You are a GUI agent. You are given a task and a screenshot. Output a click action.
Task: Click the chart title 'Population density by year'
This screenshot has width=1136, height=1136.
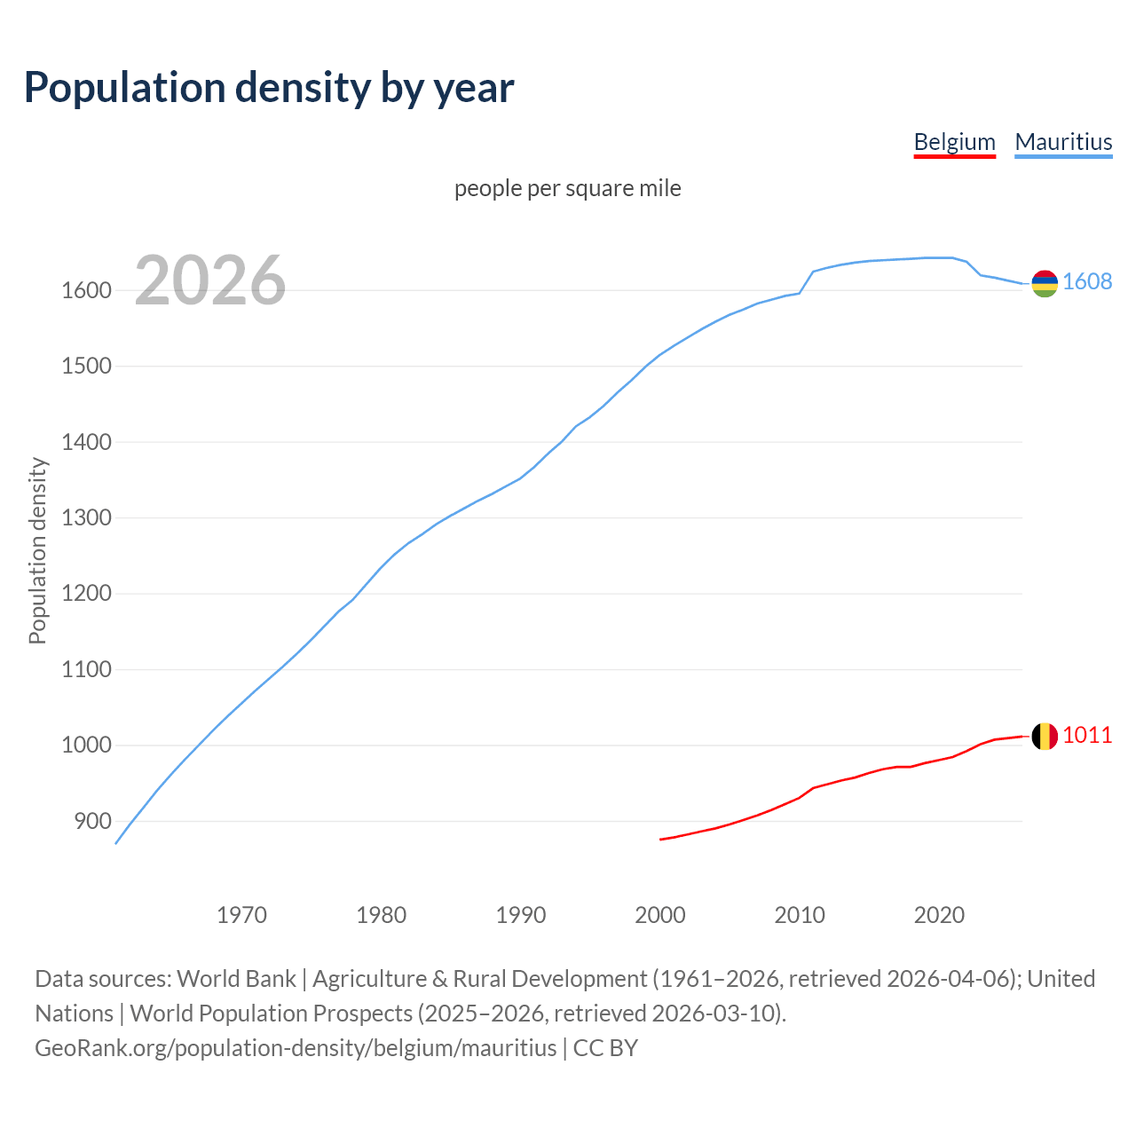[269, 87]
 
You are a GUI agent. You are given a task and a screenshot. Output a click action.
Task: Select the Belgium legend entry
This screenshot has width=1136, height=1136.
[954, 142]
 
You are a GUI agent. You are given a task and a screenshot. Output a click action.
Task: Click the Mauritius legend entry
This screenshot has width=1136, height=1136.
[1063, 142]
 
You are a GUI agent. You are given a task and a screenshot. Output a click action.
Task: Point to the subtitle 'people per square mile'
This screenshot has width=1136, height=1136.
[568, 188]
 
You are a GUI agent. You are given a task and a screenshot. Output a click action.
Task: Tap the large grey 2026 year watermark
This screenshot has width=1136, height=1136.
[210, 280]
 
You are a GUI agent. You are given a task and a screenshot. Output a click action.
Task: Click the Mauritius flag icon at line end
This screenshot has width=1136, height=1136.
[1045, 283]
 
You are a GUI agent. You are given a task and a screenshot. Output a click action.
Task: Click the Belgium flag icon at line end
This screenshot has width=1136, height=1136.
[1045, 736]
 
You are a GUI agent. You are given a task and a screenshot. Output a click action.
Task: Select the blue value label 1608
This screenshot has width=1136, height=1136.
[1087, 281]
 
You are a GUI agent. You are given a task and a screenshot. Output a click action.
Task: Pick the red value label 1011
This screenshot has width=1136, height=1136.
[1087, 735]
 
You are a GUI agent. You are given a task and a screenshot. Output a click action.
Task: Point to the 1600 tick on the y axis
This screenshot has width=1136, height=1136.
[86, 290]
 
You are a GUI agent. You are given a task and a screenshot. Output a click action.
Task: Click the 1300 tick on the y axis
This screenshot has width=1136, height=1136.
[86, 517]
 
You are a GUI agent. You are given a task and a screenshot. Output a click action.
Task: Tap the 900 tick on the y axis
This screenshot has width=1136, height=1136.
[92, 821]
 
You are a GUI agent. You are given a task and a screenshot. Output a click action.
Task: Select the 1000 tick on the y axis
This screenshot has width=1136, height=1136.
[86, 745]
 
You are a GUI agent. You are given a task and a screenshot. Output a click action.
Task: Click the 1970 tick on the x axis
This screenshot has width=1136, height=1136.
[241, 915]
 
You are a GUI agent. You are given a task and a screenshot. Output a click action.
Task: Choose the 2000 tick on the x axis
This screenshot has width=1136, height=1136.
[660, 915]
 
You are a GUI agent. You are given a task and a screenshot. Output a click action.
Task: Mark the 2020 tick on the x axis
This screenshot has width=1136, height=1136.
[939, 915]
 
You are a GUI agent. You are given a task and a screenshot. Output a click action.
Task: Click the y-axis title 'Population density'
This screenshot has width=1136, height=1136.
[37, 550]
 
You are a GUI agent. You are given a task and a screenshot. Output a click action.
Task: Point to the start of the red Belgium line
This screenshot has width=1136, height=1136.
[661, 839]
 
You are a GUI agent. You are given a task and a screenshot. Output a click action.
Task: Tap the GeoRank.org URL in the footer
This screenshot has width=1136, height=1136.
[296, 1047]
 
